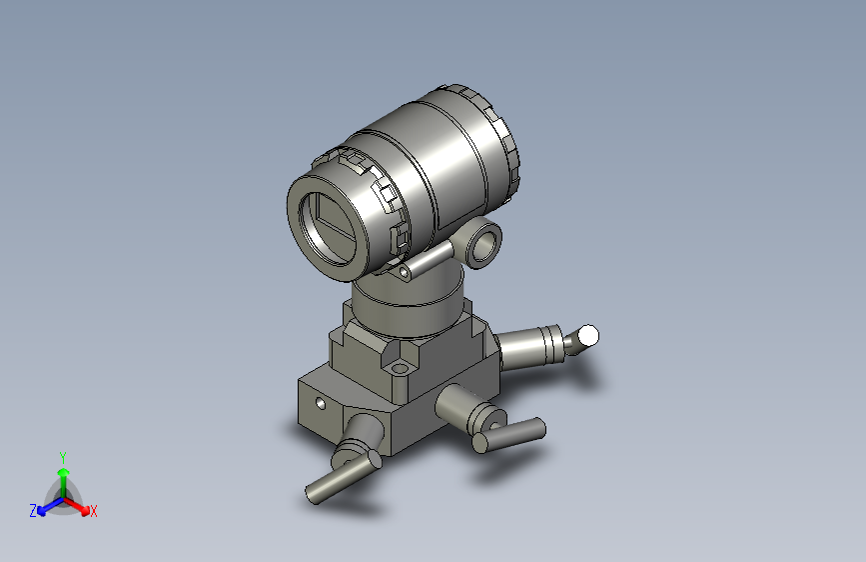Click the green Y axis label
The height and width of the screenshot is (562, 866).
coord(63,455)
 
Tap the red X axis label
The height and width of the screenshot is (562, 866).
coord(94,512)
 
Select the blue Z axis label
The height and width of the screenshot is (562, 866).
coord(33,510)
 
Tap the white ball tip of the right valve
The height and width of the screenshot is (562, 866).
coord(589,335)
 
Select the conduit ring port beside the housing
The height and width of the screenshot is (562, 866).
coord(484,242)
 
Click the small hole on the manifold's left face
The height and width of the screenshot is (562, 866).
coord(321,404)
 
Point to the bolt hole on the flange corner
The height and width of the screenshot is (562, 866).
coord(401,369)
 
